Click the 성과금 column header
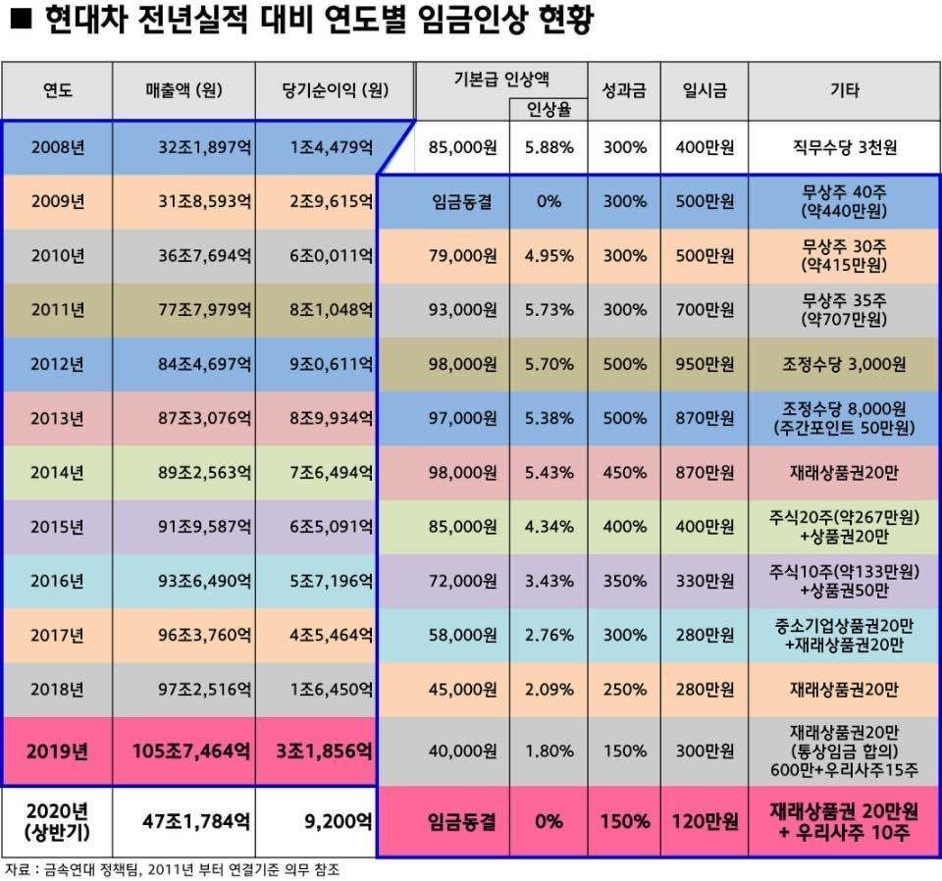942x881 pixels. tap(624, 91)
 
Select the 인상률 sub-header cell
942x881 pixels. tap(549, 109)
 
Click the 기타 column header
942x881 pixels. tap(844, 91)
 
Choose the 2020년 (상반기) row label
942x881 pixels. tap(57, 820)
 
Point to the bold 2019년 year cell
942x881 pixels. tap(57, 751)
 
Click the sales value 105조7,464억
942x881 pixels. tap(190, 751)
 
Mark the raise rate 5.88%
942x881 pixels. tap(549, 147)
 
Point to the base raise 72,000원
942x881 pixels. tap(463, 581)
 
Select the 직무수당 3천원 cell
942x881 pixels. tap(844, 147)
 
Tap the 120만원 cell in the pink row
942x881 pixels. tap(705, 820)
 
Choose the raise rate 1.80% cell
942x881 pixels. tap(549, 751)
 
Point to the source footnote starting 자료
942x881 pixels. tap(177, 869)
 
